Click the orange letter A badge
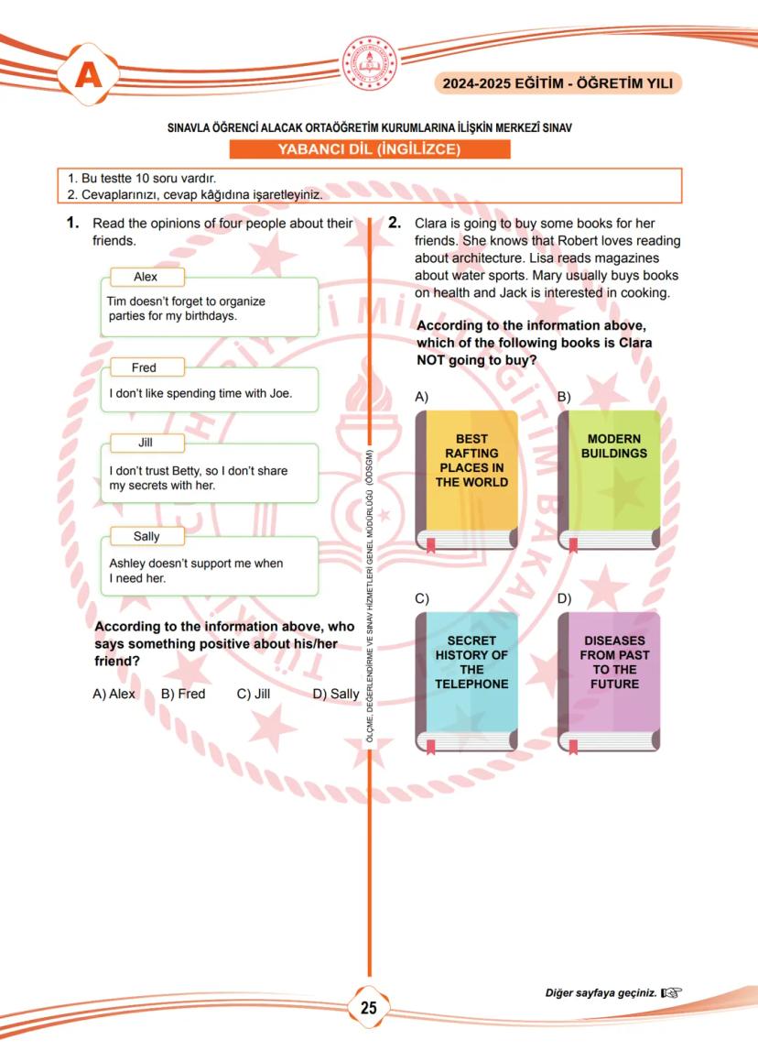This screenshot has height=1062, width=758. pos(89,75)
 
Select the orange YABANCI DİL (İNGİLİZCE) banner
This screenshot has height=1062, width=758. pos(369,150)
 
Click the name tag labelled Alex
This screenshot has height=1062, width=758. pos(146,277)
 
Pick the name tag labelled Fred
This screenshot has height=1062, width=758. pos(145,367)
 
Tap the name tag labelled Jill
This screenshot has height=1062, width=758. pos(146,443)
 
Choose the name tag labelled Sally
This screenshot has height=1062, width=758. pos(146,536)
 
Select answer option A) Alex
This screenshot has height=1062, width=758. pos(114,694)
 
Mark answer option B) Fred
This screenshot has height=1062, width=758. pos(183,694)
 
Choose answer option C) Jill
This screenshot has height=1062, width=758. pos(254,694)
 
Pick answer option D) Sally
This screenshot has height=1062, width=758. pos(336,694)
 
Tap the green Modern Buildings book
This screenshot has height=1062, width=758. pos(610,481)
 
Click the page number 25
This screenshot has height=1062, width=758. pos(369,1008)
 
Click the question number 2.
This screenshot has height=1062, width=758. pos(395,223)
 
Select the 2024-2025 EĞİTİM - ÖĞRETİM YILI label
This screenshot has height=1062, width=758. pos(558,83)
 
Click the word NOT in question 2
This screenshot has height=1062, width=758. pos(432,360)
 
